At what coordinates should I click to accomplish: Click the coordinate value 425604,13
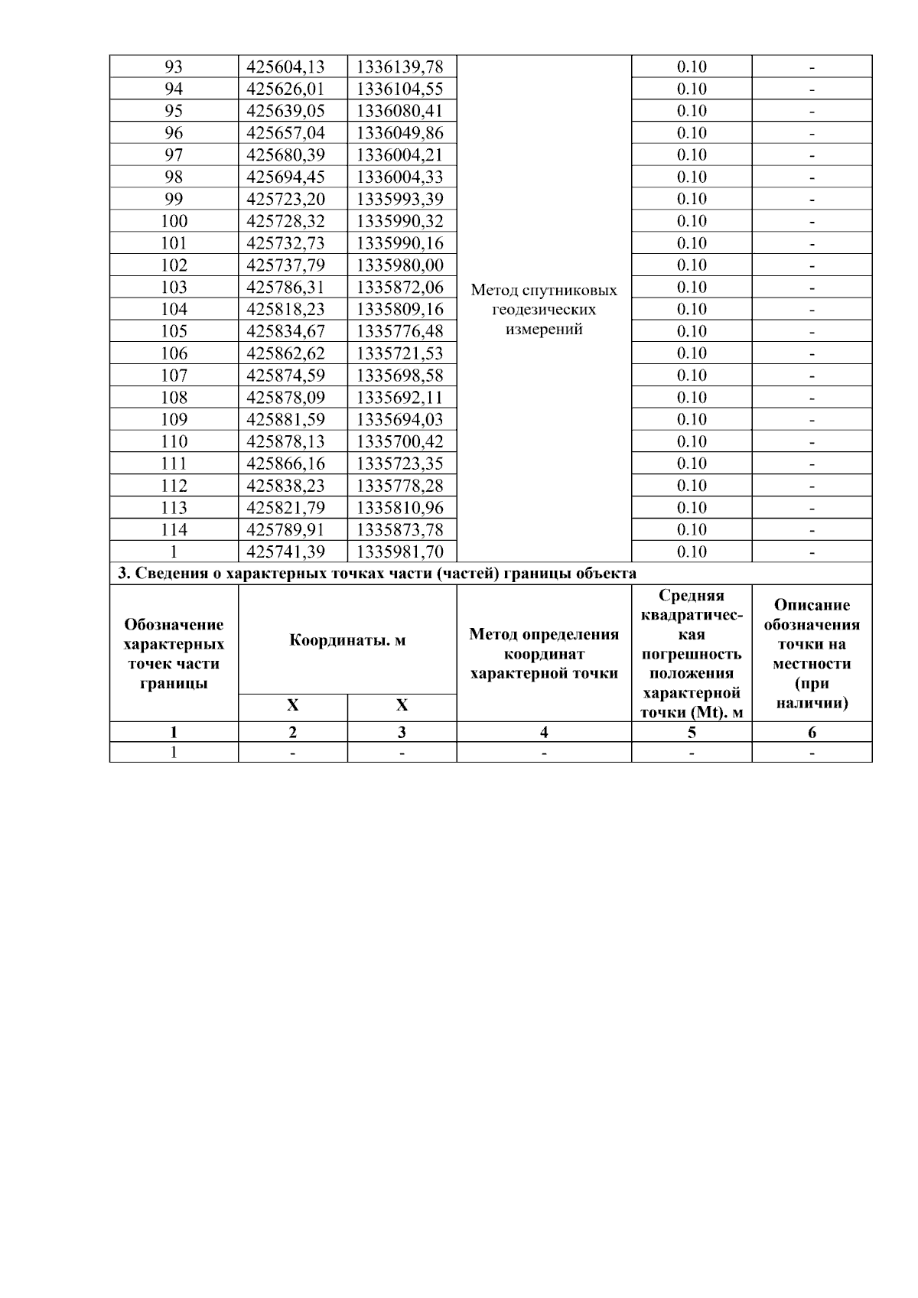(x=285, y=67)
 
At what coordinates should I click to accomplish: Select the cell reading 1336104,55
(x=400, y=89)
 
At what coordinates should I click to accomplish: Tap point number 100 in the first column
(x=174, y=221)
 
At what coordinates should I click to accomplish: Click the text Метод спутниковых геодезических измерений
(x=543, y=310)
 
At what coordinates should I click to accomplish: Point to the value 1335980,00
(x=400, y=265)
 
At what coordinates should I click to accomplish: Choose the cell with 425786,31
(x=285, y=288)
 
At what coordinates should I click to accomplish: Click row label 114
(x=174, y=529)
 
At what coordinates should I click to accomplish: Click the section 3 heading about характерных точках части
(x=376, y=574)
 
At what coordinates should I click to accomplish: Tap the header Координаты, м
(x=347, y=640)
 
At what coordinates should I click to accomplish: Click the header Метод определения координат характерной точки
(x=543, y=654)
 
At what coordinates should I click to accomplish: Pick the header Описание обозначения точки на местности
(x=812, y=654)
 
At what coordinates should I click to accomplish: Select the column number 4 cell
(x=543, y=732)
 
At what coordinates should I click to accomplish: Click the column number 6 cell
(x=812, y=732)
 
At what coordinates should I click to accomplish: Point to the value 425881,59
(x=285, y=420)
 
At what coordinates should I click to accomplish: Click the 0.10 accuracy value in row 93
(x=692, y=67)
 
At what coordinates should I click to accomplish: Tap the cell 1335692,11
(x=400, y=398)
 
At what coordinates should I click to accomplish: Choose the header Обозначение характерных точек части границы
(x=174, y=654)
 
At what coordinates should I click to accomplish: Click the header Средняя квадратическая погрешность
(x=692, y=654)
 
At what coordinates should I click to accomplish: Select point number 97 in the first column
(x=174, y=155)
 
